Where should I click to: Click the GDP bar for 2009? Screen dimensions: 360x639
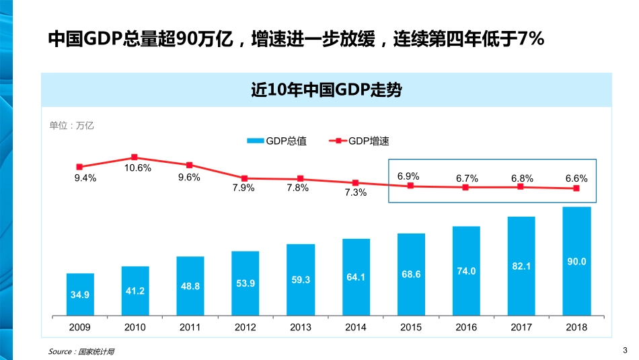[x=80, y=295]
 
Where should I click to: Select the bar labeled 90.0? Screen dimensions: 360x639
[x=576, y=261]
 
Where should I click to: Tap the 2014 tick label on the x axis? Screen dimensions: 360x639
[x=356, y=327]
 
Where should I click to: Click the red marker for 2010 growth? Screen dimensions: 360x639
[x=135, y=157]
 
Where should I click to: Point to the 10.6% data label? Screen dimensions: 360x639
[x=138, y=168]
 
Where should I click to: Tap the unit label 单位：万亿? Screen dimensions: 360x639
[x=72, y=125]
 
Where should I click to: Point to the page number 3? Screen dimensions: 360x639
[x=625, y=350]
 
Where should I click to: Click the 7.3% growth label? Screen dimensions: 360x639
[x=355, y=193]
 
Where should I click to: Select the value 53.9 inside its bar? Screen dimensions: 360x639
[x=246, y=283]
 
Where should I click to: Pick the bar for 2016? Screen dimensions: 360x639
[x=466, y=271]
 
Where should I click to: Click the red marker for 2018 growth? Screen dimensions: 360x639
[x=576, y=188]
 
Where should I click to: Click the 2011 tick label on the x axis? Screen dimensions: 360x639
[x=190, y=327]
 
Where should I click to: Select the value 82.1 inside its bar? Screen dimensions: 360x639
[x=521, y=266]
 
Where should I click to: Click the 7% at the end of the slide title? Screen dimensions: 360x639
[x=531, y=40]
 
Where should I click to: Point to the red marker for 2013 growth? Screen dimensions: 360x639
[x=301, y=179]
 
